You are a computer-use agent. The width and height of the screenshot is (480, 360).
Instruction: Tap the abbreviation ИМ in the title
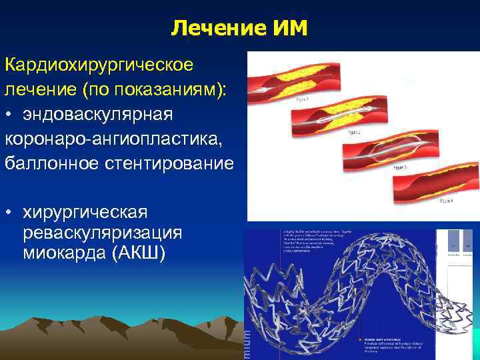[x=289, y=29]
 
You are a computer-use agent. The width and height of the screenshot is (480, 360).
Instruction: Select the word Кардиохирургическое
[x=99, y=65]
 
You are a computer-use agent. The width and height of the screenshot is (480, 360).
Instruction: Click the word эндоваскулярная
[x=98, y=114]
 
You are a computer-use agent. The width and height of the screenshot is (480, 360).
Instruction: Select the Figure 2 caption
[x=353, y=133]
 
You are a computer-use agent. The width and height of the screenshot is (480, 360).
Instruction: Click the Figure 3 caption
[x=400, y=167]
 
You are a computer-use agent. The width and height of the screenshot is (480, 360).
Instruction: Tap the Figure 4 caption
[x=445, y=201]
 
